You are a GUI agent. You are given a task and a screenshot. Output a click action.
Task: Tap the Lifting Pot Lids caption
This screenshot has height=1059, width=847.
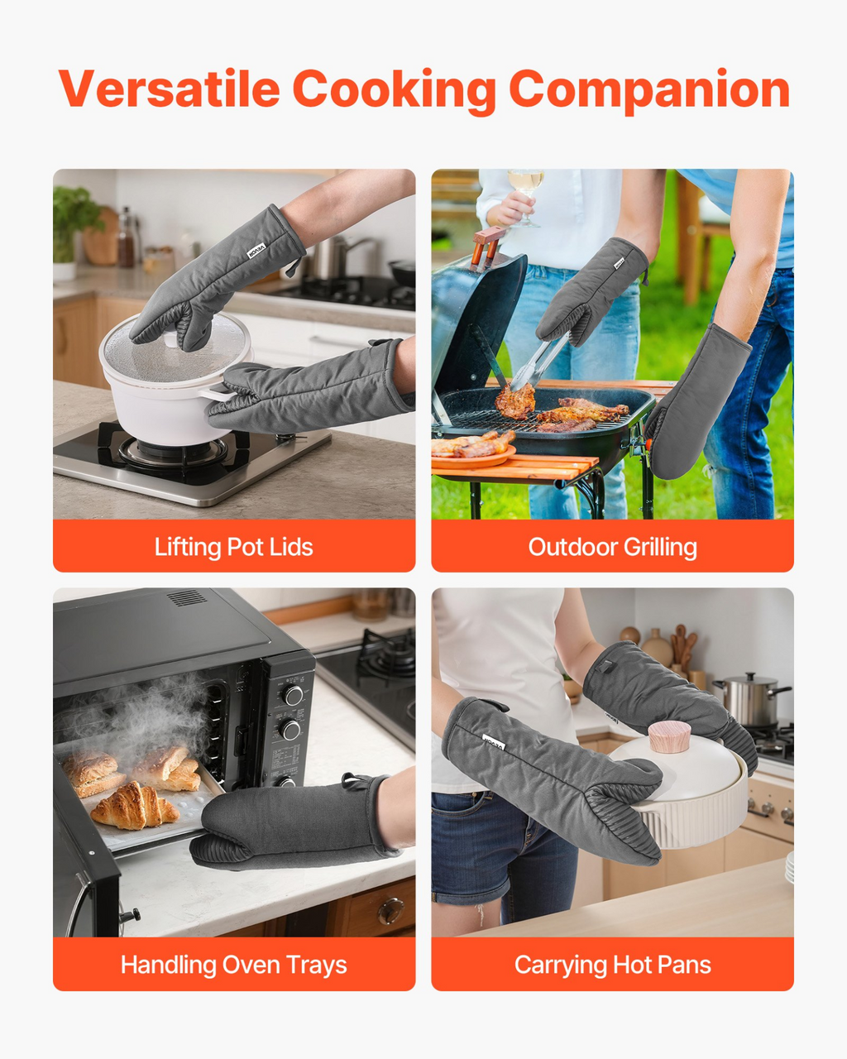click(x=234, y=547)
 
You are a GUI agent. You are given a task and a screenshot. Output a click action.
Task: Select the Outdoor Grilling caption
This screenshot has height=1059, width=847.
click(x=612, y=547)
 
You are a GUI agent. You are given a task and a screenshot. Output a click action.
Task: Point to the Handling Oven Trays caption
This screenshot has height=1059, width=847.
click(x=234, y=965)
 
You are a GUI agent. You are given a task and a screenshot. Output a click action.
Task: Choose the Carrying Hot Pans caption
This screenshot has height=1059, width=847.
click(x=612, y=965)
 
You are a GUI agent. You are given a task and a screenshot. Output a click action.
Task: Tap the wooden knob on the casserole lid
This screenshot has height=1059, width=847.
click(x=670, y=736)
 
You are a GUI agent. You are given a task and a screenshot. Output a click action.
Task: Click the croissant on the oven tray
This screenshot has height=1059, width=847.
click(x=134, y=805)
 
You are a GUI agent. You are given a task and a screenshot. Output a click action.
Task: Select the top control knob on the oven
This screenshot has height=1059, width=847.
click(x=293, y=695)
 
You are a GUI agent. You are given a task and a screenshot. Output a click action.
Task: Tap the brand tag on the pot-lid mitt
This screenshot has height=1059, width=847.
click(x=256, y=251)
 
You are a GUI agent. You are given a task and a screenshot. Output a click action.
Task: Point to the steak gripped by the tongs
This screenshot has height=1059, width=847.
click(x=514, y=400)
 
